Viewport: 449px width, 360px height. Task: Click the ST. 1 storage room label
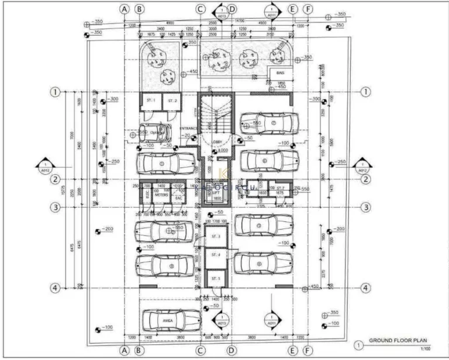(x=150, y=101)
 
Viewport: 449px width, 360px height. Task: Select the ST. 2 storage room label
(x=171, y=101)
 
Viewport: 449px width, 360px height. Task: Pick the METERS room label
(x=161, y=195)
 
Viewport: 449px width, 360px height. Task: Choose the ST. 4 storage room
(x=215, y=255)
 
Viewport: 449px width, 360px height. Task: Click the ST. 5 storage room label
(x=215, y=278)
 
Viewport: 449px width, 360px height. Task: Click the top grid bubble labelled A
(x=124, y=9)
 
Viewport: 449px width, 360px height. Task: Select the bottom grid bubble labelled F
(x=308, y=350)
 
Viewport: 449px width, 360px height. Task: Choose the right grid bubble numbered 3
(x=365, y=207)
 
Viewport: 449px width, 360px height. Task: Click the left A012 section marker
(x=46, y=167)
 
